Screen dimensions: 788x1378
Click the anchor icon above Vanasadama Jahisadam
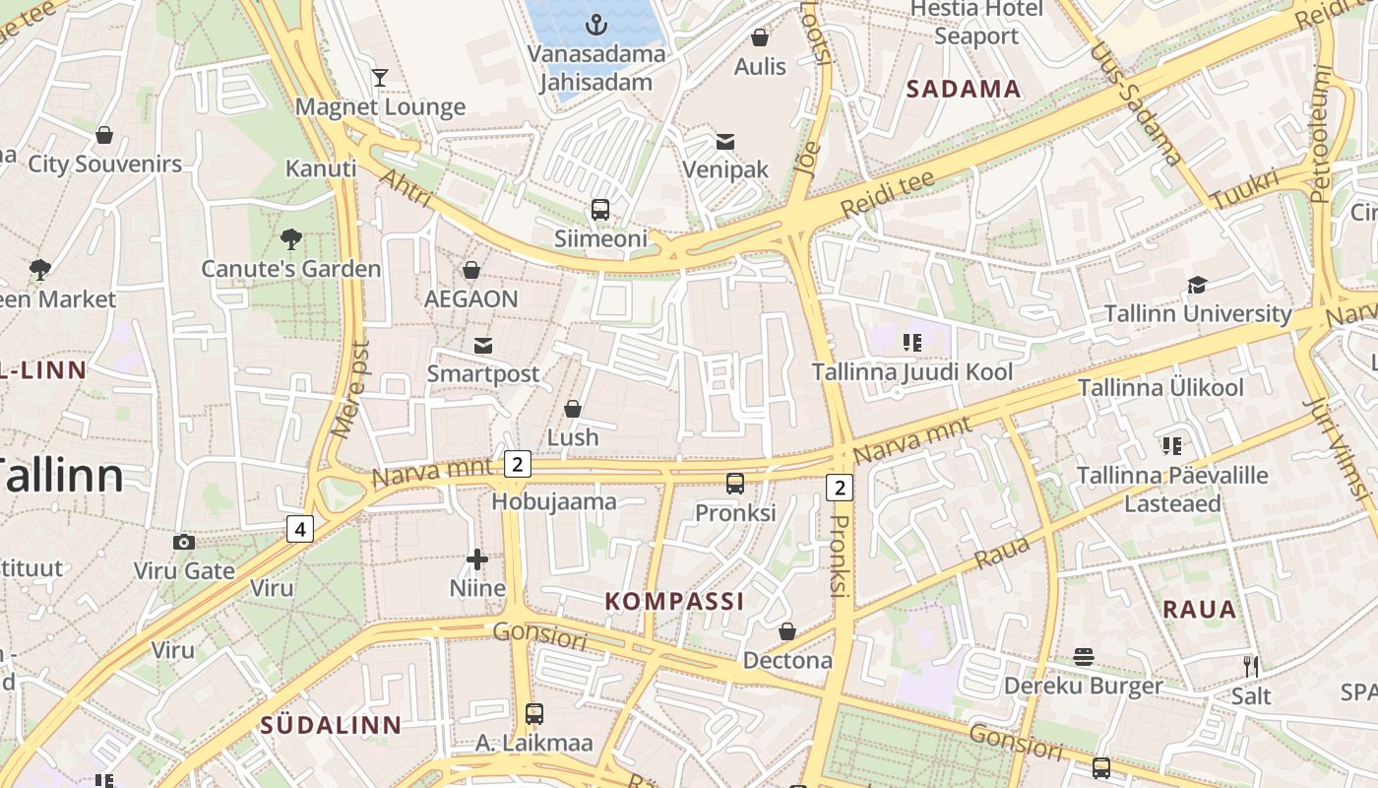[596, 24]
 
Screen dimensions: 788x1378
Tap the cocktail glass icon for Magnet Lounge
[380, 78]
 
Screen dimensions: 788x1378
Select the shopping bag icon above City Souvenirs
[104, 135]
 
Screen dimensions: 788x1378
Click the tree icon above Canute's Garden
[290, 238]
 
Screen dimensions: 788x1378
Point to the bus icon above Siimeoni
[600, 210]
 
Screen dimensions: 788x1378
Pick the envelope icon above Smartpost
[483, 345]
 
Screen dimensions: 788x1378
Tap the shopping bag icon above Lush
[573, 408]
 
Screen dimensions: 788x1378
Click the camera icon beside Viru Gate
[183, 542]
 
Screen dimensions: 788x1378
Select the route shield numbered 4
[300, 529]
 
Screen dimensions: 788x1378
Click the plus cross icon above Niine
[477, 559]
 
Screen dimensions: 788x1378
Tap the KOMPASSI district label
[674, 601]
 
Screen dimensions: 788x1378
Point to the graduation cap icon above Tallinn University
[1197, 286]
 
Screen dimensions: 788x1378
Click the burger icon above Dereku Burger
[1084, 657]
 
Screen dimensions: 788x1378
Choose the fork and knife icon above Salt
[1250, 667]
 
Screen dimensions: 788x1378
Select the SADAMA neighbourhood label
[963, 90]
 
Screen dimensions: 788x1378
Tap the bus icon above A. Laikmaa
[534, 713]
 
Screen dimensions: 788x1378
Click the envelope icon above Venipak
[725, 141]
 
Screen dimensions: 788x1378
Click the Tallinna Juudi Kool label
[911, 372]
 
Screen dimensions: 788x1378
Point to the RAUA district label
[1199, 609]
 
